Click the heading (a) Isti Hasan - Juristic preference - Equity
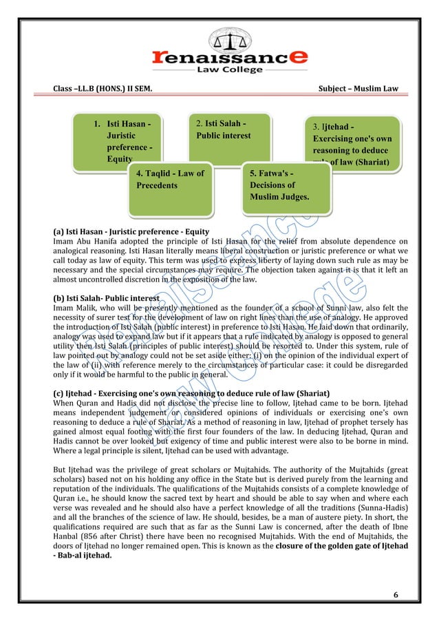131,231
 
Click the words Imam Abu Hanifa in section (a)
77,241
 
